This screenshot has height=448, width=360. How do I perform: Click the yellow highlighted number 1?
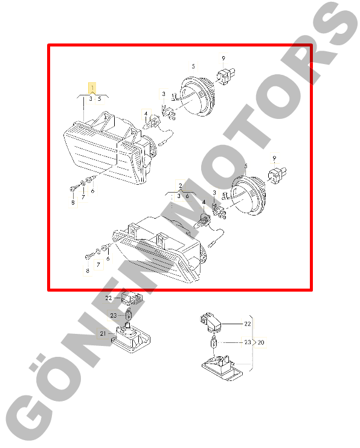[x=92, y=88]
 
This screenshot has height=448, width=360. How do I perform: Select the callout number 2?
[x=181, y=186]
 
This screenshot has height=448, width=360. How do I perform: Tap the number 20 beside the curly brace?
[x=261, y=342]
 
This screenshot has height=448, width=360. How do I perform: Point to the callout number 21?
[x=103, y=333]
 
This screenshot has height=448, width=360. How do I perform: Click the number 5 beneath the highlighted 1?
[x=100, y=99]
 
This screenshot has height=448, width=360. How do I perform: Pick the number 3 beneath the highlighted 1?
[x=91, y=99]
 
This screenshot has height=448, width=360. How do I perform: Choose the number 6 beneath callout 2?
[x=187, y=196]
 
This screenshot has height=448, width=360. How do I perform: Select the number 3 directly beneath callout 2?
[x=179, y=196]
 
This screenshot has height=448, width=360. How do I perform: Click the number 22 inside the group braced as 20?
[x=247, y=324]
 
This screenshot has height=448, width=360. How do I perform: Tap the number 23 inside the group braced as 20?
[x=247, y=342]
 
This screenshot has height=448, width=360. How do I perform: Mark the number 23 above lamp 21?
[x=114, y=315]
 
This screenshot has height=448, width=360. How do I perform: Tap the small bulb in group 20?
[x=213, y=342]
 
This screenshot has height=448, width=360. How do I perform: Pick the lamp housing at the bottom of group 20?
[x=222, y=368]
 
